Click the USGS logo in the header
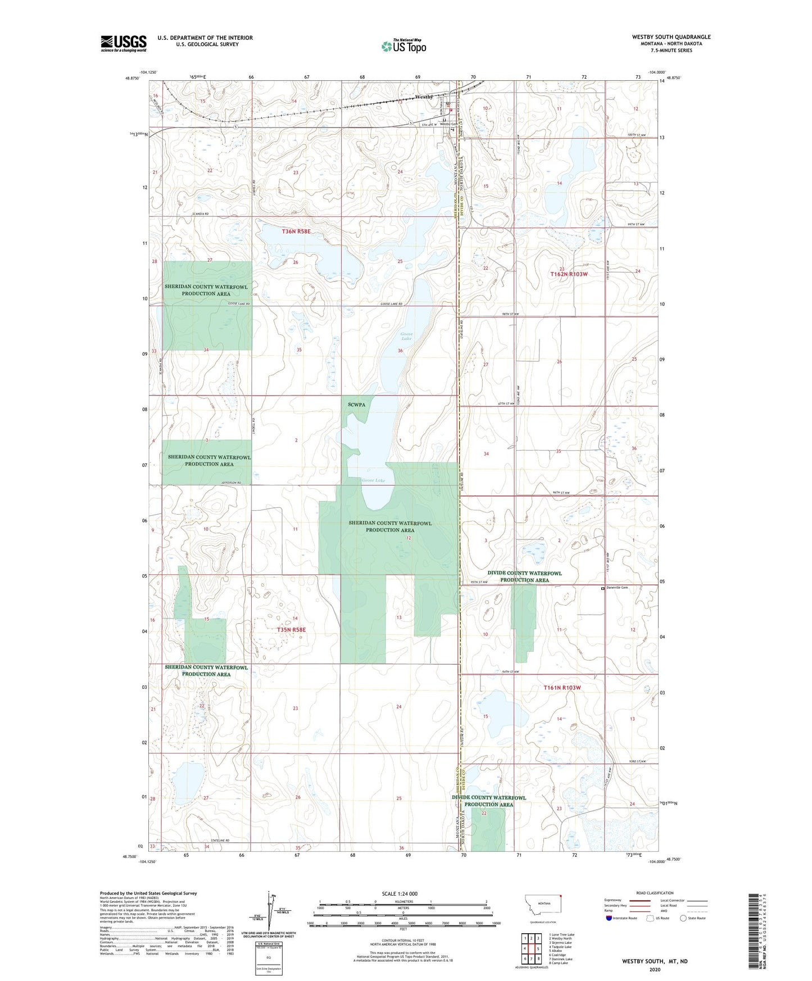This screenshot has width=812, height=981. pyautogui.click(x=124, y=43)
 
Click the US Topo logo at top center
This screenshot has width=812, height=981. pyautogui.click(x=403, y=46)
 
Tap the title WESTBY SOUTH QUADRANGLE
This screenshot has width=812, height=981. pyautogui.click(x=671, y=37)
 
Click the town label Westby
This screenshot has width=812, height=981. pyautogui.click(x=424, y=97)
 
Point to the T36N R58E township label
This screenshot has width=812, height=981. pyautogui.click(x=296, y=231)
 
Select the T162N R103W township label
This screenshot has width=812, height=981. pyautogui.click(x=568, y=274)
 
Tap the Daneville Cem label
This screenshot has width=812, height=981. pyautogui.click(x=616, y=588)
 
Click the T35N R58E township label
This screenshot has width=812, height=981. pyautogui.click(x=291, y=630)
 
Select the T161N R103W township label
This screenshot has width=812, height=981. pyautogui.click(x=561, y=688)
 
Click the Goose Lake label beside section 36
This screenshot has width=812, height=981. pyautogui.click(x=406, y=336)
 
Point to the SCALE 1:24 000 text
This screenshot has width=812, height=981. pyautogui.click(x=400, y=893)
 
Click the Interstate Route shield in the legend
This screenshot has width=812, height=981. pyautogui.click(x=609, y=918)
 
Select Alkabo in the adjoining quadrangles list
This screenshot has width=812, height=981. pyautogui.click(x=545, y=951)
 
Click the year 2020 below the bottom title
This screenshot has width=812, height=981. pyautogui.click(x=654, y=969)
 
